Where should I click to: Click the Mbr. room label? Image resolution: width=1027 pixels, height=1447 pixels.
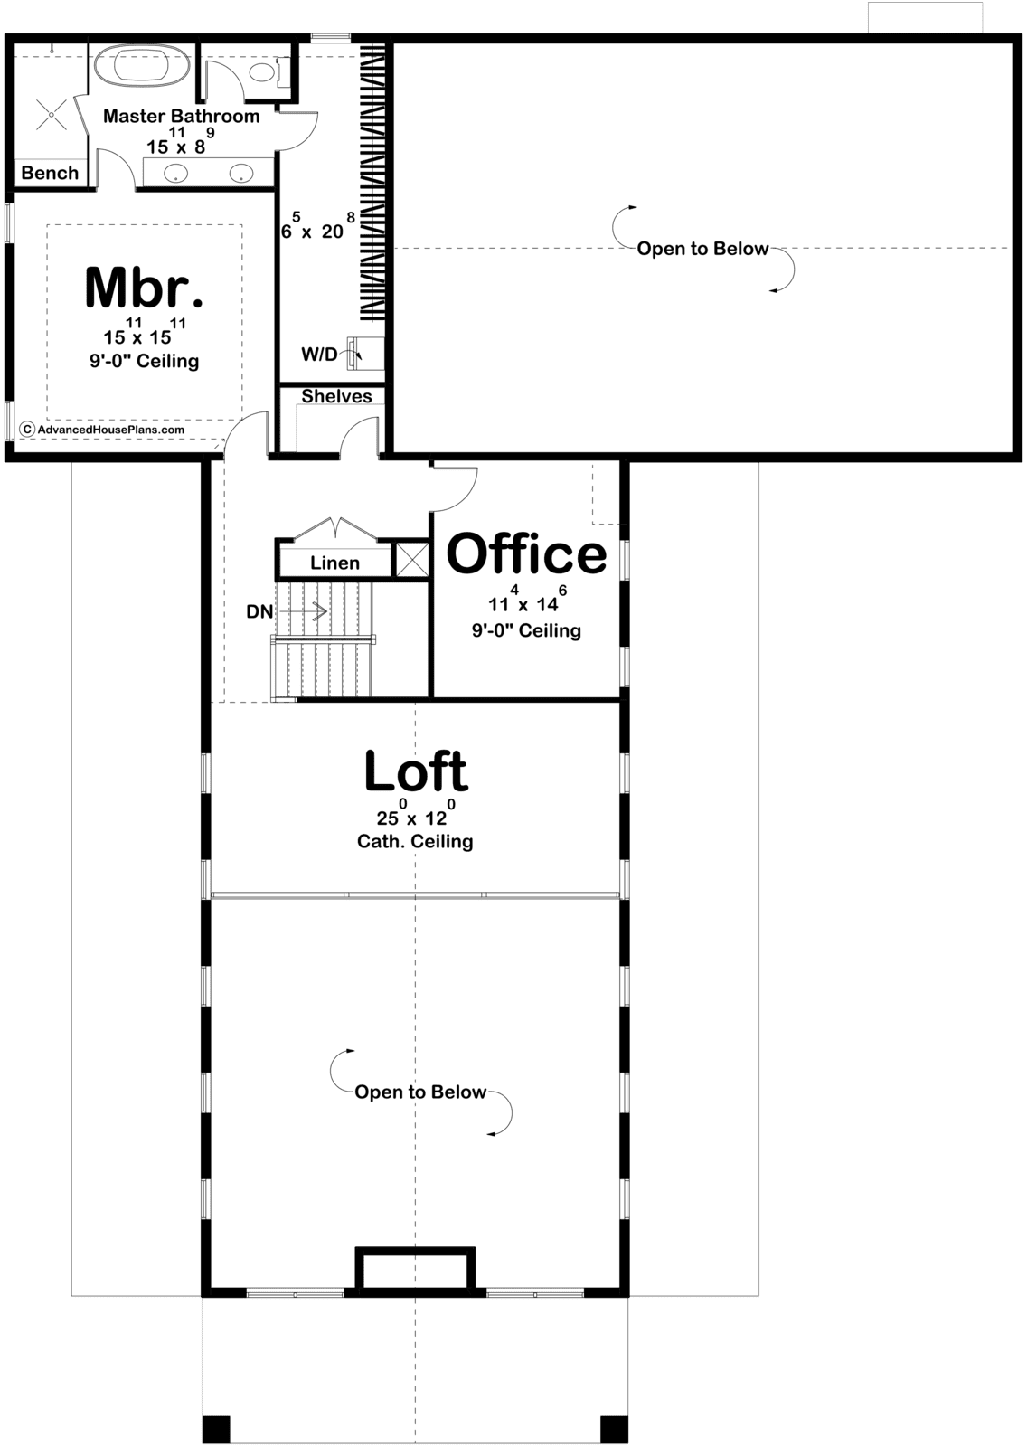pos(144,288)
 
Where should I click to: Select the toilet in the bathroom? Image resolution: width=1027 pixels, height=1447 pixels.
pos(266,71)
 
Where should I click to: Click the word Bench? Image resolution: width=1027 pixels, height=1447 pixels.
pos(50,173)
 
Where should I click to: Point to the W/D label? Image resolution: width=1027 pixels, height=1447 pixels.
pos(320,354)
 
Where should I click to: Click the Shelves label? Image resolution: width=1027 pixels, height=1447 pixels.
pos(336,396)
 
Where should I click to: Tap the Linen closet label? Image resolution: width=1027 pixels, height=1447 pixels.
pos(334,563)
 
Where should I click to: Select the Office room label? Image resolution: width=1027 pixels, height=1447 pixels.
pos(526,553)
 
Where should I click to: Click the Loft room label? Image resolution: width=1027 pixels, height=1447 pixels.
pos(416,770)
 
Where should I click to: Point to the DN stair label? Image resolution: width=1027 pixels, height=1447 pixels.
pos(259,611)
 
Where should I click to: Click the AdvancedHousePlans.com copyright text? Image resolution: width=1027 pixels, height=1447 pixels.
pos(110,430)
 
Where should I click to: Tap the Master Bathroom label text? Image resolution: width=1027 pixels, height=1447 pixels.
pos(182,117)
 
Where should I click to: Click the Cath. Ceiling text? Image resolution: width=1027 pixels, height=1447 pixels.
pos(415,842)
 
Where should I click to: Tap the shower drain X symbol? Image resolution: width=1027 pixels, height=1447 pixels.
pos(51,117)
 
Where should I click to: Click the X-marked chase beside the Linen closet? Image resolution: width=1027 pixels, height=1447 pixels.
pos(411,560)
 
